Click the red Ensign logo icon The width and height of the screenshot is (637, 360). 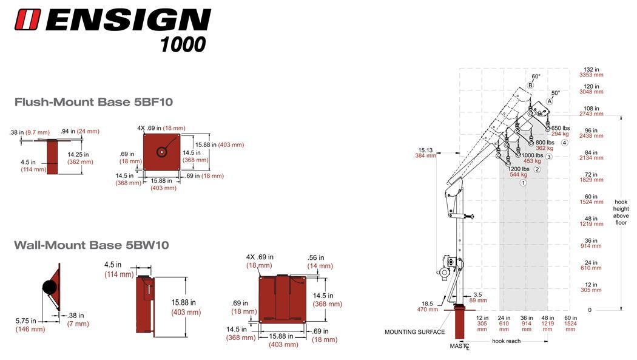point(28,19)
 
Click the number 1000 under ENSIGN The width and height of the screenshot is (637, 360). point(183,44)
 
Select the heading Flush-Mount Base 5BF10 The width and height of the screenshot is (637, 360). point(93,102)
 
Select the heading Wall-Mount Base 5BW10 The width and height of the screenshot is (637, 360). point(91,245)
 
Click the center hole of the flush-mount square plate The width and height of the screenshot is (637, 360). point(163,152)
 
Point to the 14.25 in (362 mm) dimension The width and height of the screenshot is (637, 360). point(79,158)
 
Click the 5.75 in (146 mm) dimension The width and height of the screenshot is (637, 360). point(26,325)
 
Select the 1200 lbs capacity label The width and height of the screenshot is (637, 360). point(519,172)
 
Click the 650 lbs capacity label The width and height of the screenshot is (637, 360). point(561,131)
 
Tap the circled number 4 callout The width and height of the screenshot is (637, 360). point(564,143)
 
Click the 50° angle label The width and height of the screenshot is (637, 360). point(555,93)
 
